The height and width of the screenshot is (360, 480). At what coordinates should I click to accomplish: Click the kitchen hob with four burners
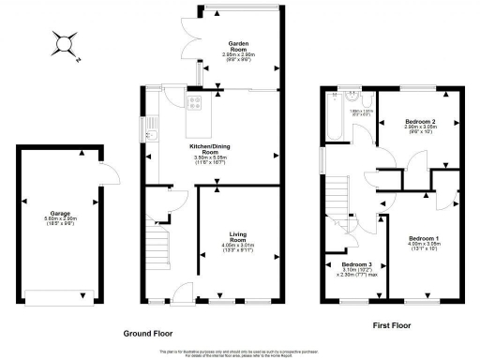197,104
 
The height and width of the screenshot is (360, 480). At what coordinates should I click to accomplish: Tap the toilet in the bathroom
351,94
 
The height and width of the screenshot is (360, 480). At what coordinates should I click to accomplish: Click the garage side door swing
109,172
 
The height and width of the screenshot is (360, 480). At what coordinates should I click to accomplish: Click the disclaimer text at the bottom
239,352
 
